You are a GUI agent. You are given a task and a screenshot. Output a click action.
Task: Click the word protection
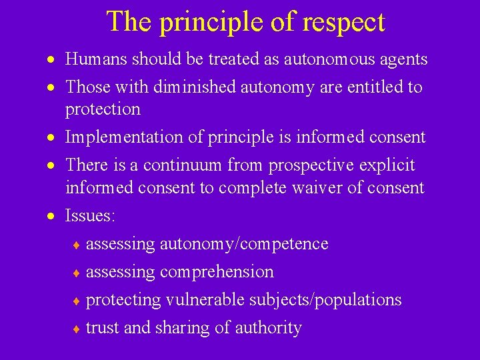pos(103,109)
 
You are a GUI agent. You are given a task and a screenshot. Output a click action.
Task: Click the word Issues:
pos(90,216)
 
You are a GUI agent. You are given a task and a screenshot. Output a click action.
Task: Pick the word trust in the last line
pos(101,328)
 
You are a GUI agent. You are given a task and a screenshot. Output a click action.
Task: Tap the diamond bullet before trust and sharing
pos(77,329)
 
